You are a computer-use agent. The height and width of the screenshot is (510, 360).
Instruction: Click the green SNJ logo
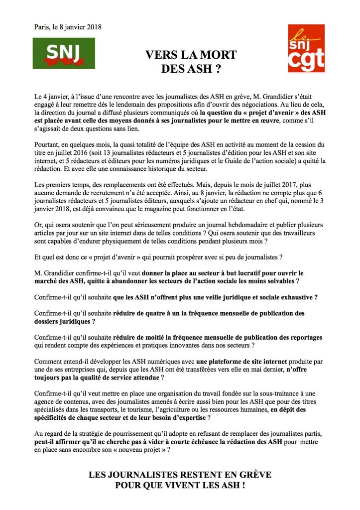[63, 53]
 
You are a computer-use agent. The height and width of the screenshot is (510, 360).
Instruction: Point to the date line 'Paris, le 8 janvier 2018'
[68, 27]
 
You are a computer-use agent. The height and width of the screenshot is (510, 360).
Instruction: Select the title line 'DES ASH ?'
[191, 68]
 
